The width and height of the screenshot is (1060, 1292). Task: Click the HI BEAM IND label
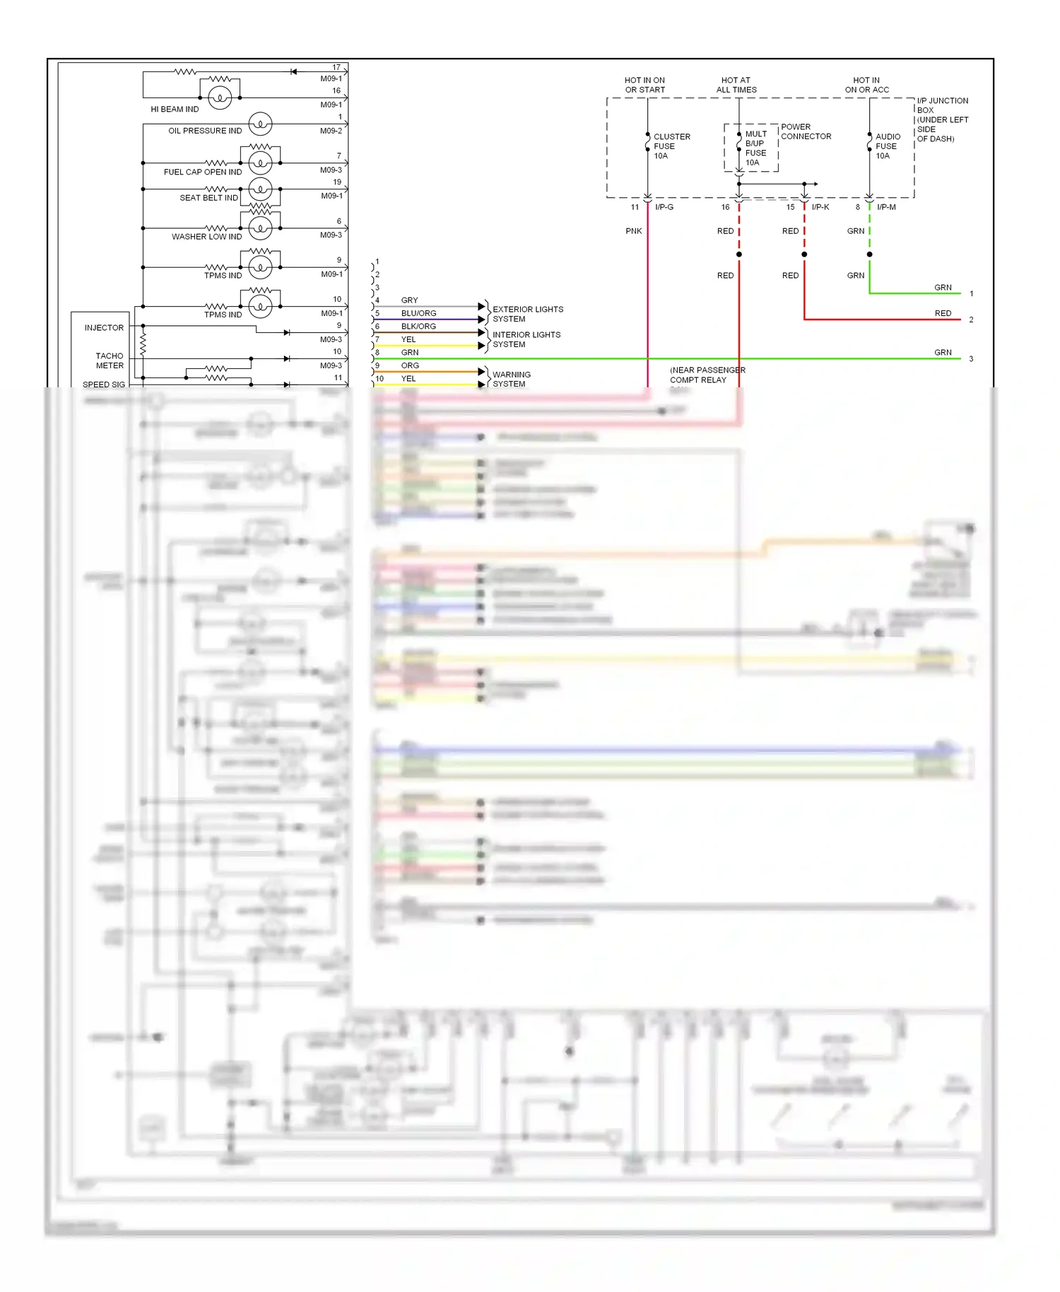[x=175, y=110]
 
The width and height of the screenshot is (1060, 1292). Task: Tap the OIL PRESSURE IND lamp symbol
[x=260, y=124]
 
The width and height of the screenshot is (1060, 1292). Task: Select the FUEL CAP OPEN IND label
[x=203, y=172]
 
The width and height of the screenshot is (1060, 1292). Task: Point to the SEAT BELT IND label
[x=208, y=198]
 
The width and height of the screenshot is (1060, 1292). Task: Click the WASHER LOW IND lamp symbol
[x=260, y=228]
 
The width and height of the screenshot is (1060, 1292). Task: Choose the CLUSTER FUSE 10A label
[x=671, y=146]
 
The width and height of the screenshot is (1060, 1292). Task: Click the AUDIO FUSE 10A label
[x=888, y=146]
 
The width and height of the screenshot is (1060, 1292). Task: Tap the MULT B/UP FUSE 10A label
[x=755, y=148]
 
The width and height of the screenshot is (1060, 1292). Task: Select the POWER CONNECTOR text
[x=806, y=132]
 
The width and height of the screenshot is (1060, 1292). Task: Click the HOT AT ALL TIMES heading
[x=736, y=86]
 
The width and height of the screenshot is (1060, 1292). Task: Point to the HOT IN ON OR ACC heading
[x=867, y=86]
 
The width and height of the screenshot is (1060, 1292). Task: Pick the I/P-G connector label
[x=664, y=207]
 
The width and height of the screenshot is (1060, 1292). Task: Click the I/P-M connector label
[x=886, y=207]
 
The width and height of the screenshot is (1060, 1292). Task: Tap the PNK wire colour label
[x=634, y=231]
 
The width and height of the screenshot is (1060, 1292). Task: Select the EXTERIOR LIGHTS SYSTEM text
[x=527, y=315]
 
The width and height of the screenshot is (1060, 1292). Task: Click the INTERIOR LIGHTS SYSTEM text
[x=526, y=340]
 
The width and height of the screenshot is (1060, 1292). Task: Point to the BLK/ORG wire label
[x=418, y=327]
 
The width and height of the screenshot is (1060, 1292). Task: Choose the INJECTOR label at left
[x=104, y=328]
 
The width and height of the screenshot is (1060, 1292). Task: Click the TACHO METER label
[x=110, y=361]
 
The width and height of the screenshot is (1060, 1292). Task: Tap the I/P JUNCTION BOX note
[x=942, y=120]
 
